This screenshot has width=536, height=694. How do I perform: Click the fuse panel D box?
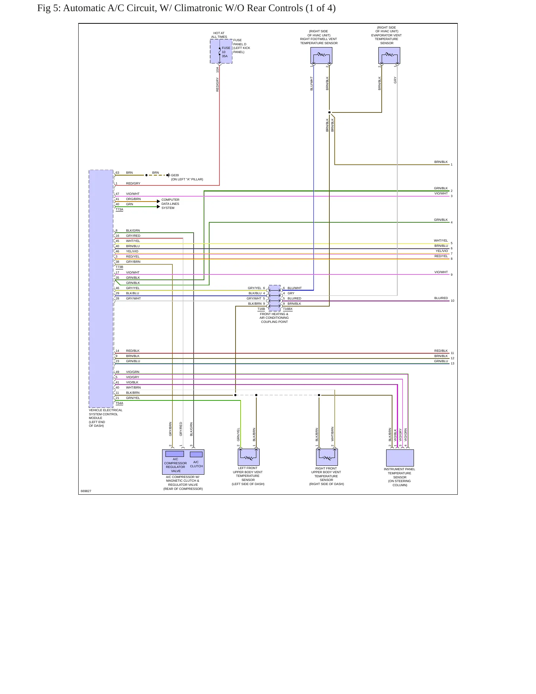click(x=221, y=51)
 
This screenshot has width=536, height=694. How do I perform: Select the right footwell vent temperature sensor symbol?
click(x=321, y=56)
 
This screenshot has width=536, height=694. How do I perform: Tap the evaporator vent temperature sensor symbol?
click(x=389, y=56)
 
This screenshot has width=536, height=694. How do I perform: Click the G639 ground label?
click(x=175, y=175)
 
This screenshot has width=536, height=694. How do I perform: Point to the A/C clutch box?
click(x=196, y=454)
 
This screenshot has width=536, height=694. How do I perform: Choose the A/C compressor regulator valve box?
click(x=175, y=454)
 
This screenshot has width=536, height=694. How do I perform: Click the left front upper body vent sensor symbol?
click(x=249, y=457)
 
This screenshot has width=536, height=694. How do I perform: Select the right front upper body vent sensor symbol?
click(x=327, y=457)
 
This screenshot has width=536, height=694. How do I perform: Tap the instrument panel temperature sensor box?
click(x=400, y=458)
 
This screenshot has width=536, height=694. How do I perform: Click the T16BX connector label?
click(x=288, y=309)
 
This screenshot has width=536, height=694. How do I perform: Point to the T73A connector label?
click(x=119, y=210)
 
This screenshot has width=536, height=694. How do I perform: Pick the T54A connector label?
click(x=119, y=403)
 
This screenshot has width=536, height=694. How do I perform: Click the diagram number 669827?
click(x=86, y=491)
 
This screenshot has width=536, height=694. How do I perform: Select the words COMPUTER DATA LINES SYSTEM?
click(x=170, y=204)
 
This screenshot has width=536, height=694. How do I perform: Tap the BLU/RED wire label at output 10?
click(x=441, y=298)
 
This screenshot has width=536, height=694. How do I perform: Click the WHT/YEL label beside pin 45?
click(x=133, y=241)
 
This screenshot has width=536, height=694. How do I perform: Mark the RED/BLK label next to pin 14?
click(x=133, y=351)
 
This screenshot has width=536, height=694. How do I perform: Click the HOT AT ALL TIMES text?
click(x=219, y=35)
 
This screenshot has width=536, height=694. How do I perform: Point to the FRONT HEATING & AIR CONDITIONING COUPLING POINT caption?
click(x=274, y=318)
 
